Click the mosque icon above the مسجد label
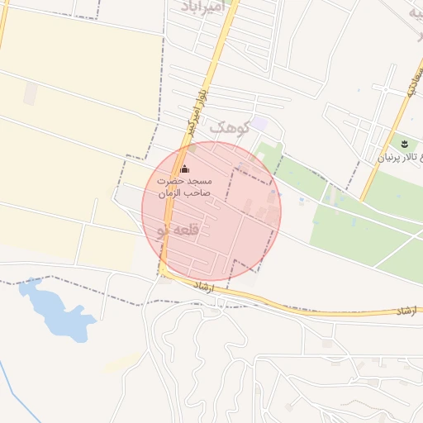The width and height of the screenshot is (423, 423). (183, 169)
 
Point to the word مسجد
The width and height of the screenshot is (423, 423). (199, 180)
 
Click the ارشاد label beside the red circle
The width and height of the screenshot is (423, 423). (202, 286)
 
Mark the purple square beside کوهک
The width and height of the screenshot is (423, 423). (259, 123)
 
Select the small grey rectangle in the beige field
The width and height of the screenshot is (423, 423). (30, 94)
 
